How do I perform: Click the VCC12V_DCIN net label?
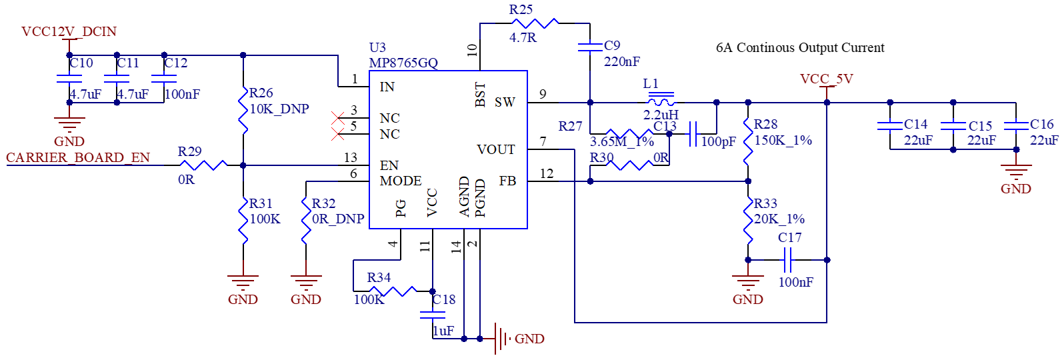[69, 31]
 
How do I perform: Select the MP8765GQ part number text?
[403, 63]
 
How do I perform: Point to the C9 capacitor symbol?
[590, 47]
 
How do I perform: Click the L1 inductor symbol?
[661, 100]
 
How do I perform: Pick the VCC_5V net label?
[827, 79]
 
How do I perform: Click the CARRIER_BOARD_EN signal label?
[78, 157]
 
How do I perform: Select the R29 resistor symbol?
[203, 165]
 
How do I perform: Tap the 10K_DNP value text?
[279, 109]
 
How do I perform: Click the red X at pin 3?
[337, 117]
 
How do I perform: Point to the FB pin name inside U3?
[507, 181]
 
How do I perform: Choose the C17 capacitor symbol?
[787, 260]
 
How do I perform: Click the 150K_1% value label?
[783, 141]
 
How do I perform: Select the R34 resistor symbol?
[393, 291]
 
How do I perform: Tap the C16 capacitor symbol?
[1016, 126]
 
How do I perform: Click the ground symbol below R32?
[306, 283]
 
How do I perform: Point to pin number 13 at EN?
[351, 157]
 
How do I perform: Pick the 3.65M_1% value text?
[622, 141]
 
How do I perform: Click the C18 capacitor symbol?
[433, 315]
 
